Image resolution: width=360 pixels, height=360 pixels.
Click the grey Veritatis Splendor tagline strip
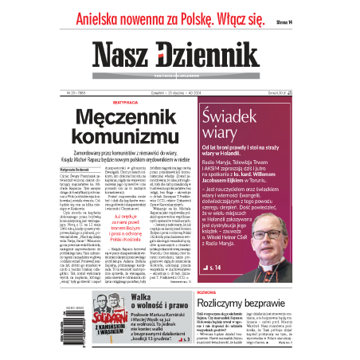coord(181,78)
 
